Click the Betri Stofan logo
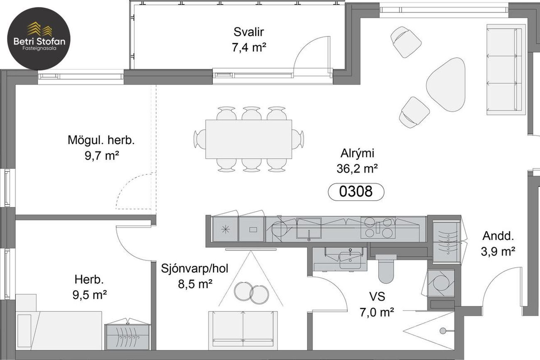(39, 39)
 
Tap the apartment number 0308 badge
(356, 191)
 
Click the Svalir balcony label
(249, 32)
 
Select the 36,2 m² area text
(357, 169)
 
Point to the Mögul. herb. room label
(101, 140)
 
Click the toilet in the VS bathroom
(386, 268)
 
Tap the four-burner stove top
(378, 228)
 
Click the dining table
(249, 139)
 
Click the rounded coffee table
(446, 84)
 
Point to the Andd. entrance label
(498, 236)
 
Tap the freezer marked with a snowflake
(226, 229)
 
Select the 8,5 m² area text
(195, 284)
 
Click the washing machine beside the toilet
(441, 283)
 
